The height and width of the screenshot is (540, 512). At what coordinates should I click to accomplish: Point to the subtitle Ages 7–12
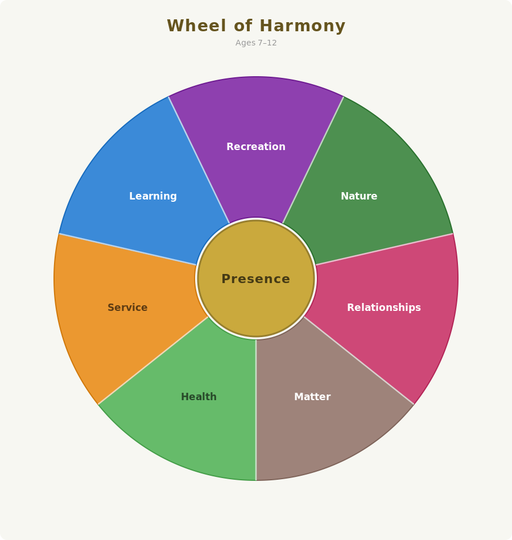coord(256,43)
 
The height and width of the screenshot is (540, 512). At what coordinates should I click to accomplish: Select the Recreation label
coord(256,147)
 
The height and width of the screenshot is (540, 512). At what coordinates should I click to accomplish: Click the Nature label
coord(359,196)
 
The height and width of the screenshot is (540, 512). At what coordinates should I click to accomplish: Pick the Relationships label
coord(384,308)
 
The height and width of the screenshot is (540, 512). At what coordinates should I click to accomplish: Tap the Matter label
coord(312,397)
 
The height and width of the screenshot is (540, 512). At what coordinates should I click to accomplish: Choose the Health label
coord(199,397)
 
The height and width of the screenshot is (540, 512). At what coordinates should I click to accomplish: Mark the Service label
coord(127,308)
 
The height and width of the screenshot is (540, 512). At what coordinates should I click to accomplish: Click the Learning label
coord(153,196)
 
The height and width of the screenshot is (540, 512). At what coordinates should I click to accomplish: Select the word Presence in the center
coord(256,279)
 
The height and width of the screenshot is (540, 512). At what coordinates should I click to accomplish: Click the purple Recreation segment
coord(256,114)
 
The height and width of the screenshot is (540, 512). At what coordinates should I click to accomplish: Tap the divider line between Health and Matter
coord(256,410)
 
